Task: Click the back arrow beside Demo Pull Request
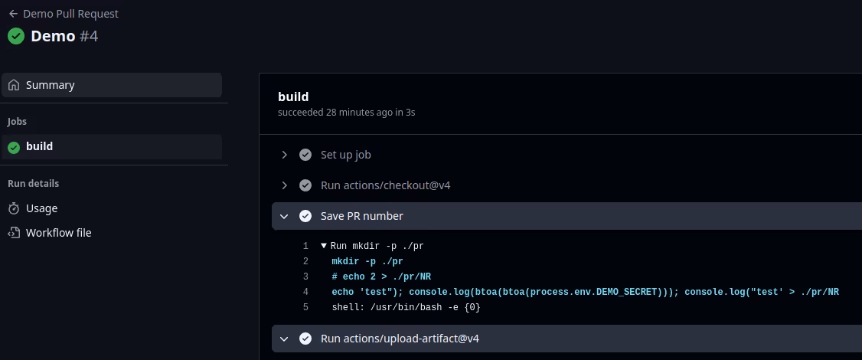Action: (13, 14)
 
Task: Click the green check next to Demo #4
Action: (15, 36)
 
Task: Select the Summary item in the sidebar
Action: (50, 85)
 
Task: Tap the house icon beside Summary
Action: (14, 85)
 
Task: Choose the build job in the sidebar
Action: (39, 146)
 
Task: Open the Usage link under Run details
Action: (41, 208)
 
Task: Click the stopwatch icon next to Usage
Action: (14, 208)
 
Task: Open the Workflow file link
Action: (58, 233)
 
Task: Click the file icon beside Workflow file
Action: (14, 233)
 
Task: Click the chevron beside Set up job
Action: (285, 155)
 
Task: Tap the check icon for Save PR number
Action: (305, 216)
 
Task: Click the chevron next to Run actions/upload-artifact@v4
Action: (285, 339)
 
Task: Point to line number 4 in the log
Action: (305, 292)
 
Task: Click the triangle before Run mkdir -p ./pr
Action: (324, 246)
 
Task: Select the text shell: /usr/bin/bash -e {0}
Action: (406, 307)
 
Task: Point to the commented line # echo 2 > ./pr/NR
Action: (387, 277)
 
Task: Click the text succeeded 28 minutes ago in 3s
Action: (346, 113)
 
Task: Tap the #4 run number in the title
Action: (89, 36)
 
